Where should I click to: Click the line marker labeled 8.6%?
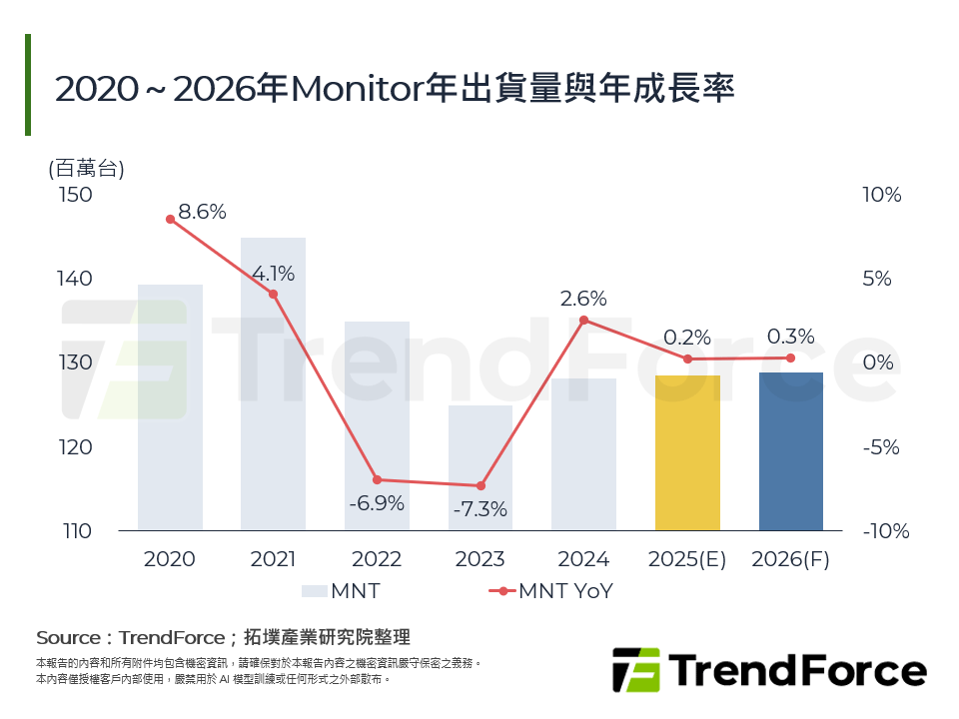click(170, 220)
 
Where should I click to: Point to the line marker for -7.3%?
click(480, 485)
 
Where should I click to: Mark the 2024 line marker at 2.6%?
click(584, 320)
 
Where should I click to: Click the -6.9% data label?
click(377, 503)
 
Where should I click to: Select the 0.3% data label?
click(790, 337)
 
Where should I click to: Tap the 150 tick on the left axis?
click(76, 194)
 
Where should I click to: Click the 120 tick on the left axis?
click(76, 446)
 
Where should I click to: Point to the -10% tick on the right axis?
click(886, 531)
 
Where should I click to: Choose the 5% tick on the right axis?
click(877, 279)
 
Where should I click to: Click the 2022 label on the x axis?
click(377, 559)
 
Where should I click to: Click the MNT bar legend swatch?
click(314, 590)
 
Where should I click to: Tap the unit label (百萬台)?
click(86, 168)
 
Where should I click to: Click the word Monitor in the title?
click(355, 89)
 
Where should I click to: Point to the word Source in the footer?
click(68, 637)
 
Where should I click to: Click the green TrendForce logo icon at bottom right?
click(635, 670)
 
